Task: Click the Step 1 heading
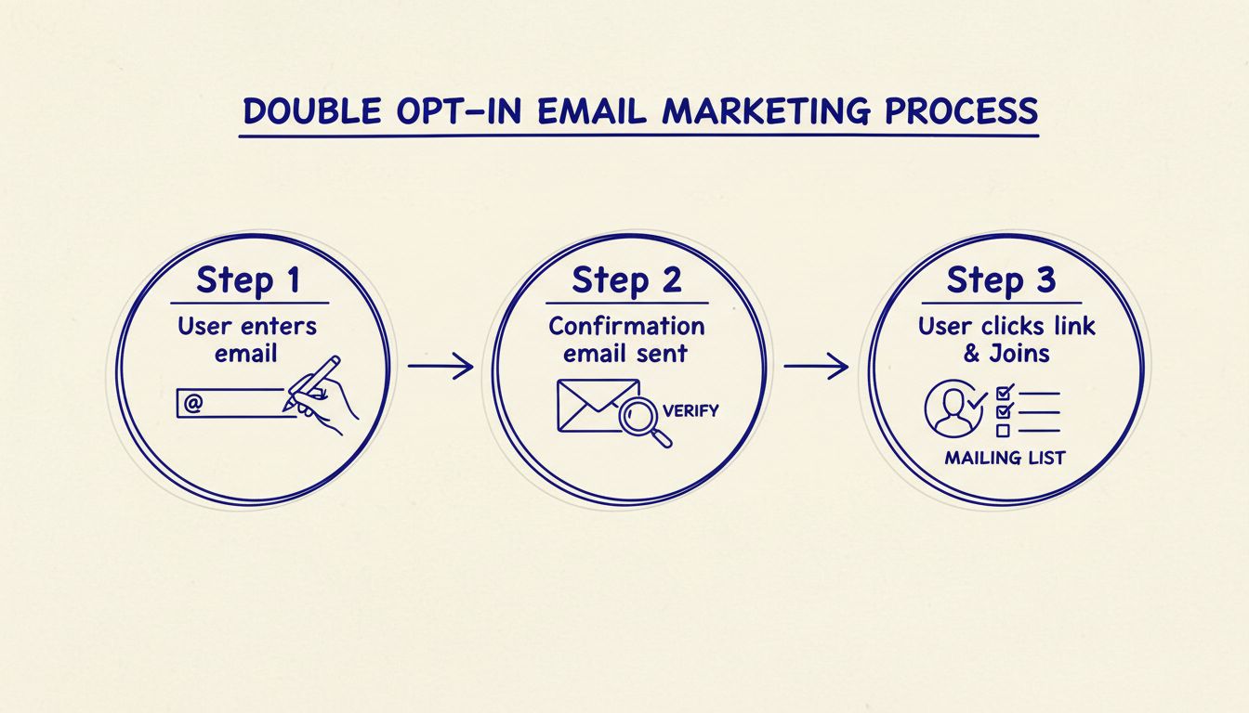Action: pos(250,280)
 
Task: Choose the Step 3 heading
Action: pos(1001,279)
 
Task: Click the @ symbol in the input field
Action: pos(193,404)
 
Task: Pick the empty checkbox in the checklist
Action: pos(1003,430)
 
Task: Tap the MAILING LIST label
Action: pos(1005,459)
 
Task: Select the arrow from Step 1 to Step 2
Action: pos(440,367)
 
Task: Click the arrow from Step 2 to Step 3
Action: pos(815,367)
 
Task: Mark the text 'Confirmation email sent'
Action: pos(625,340)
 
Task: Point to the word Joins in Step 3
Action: pos(1025,353)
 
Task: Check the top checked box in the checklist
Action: pos(1003,393)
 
